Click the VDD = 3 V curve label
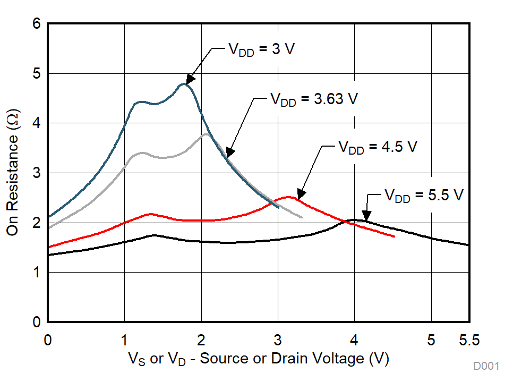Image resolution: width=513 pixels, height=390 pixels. click(x=261, y=49)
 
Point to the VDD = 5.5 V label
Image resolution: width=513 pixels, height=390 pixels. click(x=424, y=196)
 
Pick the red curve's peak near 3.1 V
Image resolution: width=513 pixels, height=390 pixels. click(x=288, y=197)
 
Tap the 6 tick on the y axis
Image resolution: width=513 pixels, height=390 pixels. click(x=37, y=24)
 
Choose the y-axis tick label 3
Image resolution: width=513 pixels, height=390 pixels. click(x=37, y=173)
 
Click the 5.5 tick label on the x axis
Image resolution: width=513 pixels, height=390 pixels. click(x=469, y=338)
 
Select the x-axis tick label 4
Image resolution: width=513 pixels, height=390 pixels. click(x=354, y=338)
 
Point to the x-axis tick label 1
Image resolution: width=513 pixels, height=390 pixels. click(x=124, y=338)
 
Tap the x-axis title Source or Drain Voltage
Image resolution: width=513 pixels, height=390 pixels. click(x=259, y=359)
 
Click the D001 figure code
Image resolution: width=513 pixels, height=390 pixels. click(x=486, y=366)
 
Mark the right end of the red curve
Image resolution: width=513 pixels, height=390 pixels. click(x=394, y=236)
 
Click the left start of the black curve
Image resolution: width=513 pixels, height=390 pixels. click(x=48, y=255)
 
